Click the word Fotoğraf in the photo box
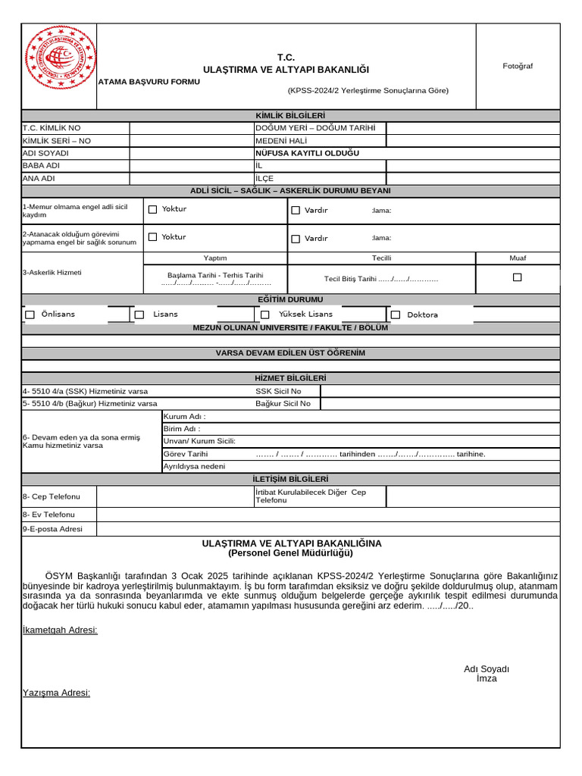tap(518, 66)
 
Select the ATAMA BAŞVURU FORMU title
tap(149, 82)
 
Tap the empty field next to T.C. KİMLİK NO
tap(191, 128)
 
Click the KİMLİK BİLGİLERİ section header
tap(291, 115)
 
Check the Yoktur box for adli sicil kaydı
tap(152, 209)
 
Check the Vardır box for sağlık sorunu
tap(296, 239)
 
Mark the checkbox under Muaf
tap(518, 277)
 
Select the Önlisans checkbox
tap(30, 314)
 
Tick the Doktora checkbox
tap(396, 314)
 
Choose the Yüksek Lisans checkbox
tap(264, 314)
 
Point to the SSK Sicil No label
tap(278, 391)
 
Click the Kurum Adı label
tap(184, 417)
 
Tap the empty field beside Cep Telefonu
tap(175, 496)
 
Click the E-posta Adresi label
tap(52, 529)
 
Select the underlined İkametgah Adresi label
tap(60, 630)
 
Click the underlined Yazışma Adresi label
tap(56, 693)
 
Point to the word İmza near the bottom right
tap(487, 678)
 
